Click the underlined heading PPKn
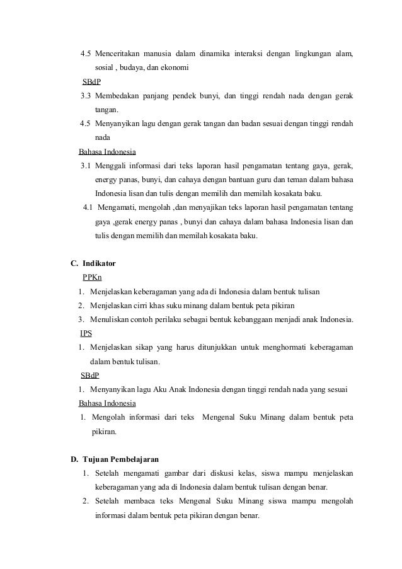point(92,278)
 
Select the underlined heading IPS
point(86,333)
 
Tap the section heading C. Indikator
point(93,263)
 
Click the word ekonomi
point(175,67)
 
